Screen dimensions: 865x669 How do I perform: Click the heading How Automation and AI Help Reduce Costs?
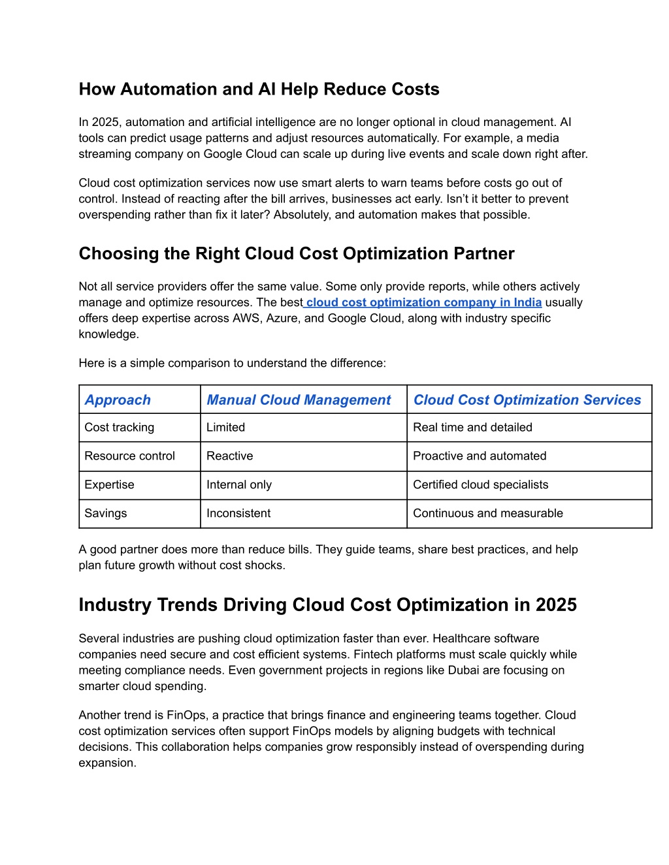tap(259, 89)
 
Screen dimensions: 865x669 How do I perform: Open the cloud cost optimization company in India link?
tap(424, 302)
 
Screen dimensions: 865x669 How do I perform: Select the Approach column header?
tap(118, 400)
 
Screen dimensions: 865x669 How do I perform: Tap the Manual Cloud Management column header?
tap(299, 400)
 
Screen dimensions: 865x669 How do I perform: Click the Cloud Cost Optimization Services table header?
tap(527, 400)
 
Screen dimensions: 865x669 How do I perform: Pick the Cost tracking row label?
tap(120, 428)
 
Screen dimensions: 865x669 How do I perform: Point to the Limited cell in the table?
tap(226, 428)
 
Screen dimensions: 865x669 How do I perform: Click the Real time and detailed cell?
tap(472, 428)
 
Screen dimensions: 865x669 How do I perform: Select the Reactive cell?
tap(230, 456)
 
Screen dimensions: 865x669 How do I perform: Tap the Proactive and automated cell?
tap(480, 456)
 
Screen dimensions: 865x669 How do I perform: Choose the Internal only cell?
tap(239, 485)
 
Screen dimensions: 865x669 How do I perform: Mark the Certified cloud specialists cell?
tap(481, 485)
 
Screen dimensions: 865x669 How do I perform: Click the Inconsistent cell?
tap(238, 514)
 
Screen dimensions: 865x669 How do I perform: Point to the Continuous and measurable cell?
tap(488, 514)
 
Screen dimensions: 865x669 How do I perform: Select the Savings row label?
tap(106, 514)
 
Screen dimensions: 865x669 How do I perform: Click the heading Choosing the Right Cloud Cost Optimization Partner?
tap(297, 254)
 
